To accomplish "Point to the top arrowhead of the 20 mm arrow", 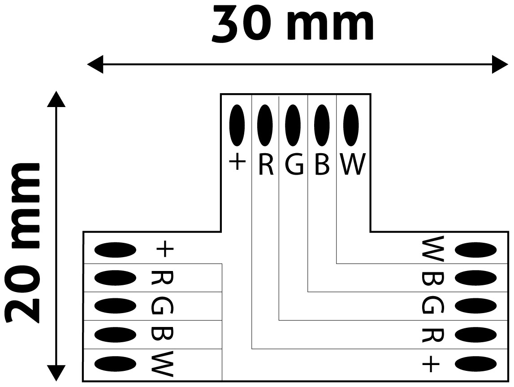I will click(x=56, y=99).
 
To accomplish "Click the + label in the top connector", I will click(x=237, y=163).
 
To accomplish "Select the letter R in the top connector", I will click(x=265, y=165).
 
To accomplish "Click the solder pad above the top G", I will click(x=293, y=125).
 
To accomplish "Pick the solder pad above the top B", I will click(x=321, y=125).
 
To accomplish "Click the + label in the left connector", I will click(x=164, y=249).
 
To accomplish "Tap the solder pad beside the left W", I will click(x=116, y=364).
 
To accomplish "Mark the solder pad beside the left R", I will click(x=116, y=278).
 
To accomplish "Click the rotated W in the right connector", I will click(x=433, y=249).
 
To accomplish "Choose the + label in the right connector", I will click(x=431, y=365).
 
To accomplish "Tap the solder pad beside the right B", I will click(x=475, y=278).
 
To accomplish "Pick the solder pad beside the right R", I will click(x=475, y=335).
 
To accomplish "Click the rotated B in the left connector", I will click(x=162, y=335).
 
